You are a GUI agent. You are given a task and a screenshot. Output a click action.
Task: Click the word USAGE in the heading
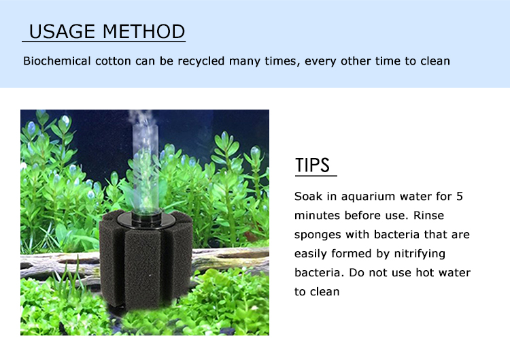point(62,31)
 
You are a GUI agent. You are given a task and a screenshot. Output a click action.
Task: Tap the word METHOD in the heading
point(143,31)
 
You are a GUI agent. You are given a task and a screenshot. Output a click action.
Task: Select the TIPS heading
point(313,165)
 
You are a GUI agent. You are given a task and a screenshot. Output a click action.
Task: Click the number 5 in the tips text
point(460,197)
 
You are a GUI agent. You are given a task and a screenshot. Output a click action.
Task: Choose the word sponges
point(318,235)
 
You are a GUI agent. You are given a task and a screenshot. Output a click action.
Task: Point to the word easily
point(310,254)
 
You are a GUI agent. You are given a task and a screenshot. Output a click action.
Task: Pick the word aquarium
point(367,197)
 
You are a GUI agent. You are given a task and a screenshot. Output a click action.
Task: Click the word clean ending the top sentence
point(435,61)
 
